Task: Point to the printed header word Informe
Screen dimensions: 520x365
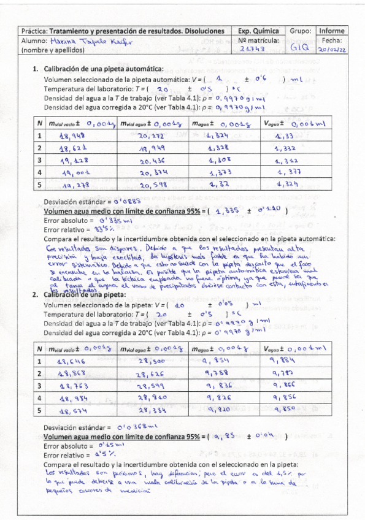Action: click(x=332, y=31)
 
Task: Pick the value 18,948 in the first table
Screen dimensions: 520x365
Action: click(x=72, y=136)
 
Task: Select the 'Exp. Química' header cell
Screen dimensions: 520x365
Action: click(x=258, y=31)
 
